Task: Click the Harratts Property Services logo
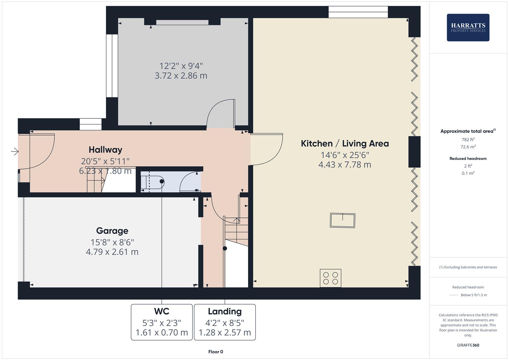(x=468, y=28)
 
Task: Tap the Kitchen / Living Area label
(x=345, y=144)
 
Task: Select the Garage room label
(x=112, y=231)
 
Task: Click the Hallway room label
(x=105, y=150)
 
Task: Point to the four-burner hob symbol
(x=330, y=278)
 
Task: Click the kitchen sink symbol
(x=342, y=220)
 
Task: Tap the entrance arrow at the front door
(x=15, y=152)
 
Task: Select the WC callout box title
(x=162, y=311)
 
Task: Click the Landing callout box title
(x=225, y=311)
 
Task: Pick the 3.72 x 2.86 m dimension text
(x=181, y=76)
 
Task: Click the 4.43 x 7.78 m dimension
(x=345, y=165)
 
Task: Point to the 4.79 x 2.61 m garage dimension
(x=112, y=252)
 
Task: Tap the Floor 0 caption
(x=216, y=352)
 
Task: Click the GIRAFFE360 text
(x=468, y=345)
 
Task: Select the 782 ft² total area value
(x=468, y=140)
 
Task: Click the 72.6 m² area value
(x=468, y=147)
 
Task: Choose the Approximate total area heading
(x=468, y=131)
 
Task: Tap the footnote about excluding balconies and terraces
(x=468, y=267)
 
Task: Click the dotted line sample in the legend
(x=454, y=295)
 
